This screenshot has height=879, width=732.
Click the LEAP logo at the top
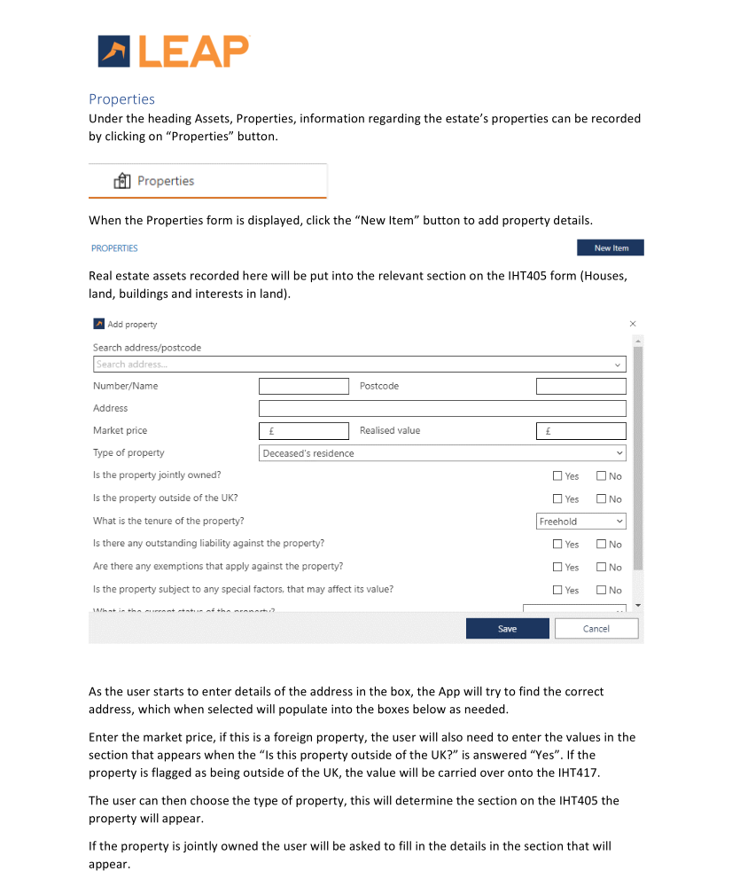pyautogui.click(x=174, y=51)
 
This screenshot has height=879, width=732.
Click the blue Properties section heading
pyautogui.click(x=121, y=99)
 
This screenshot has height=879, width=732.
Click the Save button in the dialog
pyautogui.click(x=507, y=629)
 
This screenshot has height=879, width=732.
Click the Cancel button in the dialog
pyautogui.click(x=596, y=629)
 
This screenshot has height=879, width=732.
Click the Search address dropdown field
pyautogui.click(x=359, y=365)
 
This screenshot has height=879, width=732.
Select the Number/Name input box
pyautogui.click(x=304, y=387)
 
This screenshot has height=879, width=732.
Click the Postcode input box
pyautogui.click(x=580, y=387)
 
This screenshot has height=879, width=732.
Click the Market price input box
pyautogui.click(x=304, y=431)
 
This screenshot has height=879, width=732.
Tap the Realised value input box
pyautogui.click(x=580, y=431)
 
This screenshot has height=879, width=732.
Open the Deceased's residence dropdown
pyautogui.click(x=442, y=453)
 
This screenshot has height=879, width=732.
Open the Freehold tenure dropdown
pyautogui.click(x=581, y=522)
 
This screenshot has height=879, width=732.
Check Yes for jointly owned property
pyautogui.click(x=557, y=476)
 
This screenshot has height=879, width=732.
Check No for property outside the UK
pyautogui.click(x=601, y=499)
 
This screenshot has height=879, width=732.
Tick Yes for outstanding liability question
pyautogui.click(x=557, y=545)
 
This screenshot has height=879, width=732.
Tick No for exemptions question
pyautogui.click(x=601, y=568)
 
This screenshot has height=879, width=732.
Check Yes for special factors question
pyautogui.click(x=557, y=591)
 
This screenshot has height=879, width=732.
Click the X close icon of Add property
pyautogui.click(x=632, y=324)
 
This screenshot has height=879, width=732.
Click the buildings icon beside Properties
pyautogui.click(x=122, y=181)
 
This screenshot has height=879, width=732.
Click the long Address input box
pyautogui.click(x=442, y=409)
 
